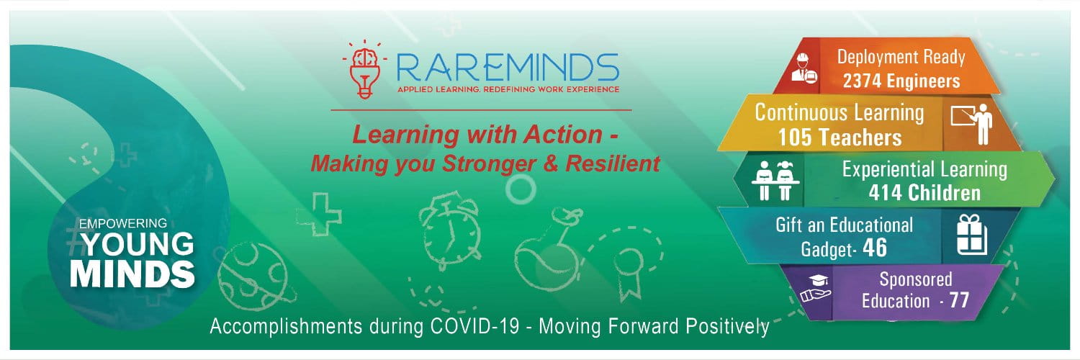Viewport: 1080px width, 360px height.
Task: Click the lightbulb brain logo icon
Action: (365, 70)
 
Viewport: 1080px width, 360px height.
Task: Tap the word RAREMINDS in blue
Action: (508, 68)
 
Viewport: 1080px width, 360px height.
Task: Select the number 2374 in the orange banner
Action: (864, 81)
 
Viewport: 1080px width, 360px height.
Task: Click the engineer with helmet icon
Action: (804, 69)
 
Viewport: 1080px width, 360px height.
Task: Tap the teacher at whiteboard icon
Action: (972, 122)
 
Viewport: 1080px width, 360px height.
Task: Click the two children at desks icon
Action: (775, 180)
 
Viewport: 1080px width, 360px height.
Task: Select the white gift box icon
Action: (972, 235)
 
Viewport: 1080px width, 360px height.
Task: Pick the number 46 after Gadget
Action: (875, 248)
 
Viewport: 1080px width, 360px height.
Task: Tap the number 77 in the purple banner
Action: (959, 301)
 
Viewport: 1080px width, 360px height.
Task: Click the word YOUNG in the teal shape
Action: (138, 244)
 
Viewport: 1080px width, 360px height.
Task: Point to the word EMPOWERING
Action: (123, 223)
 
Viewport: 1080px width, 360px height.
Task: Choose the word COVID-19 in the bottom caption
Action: (474, 326)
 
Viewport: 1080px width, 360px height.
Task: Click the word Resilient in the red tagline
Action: (613, 163)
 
